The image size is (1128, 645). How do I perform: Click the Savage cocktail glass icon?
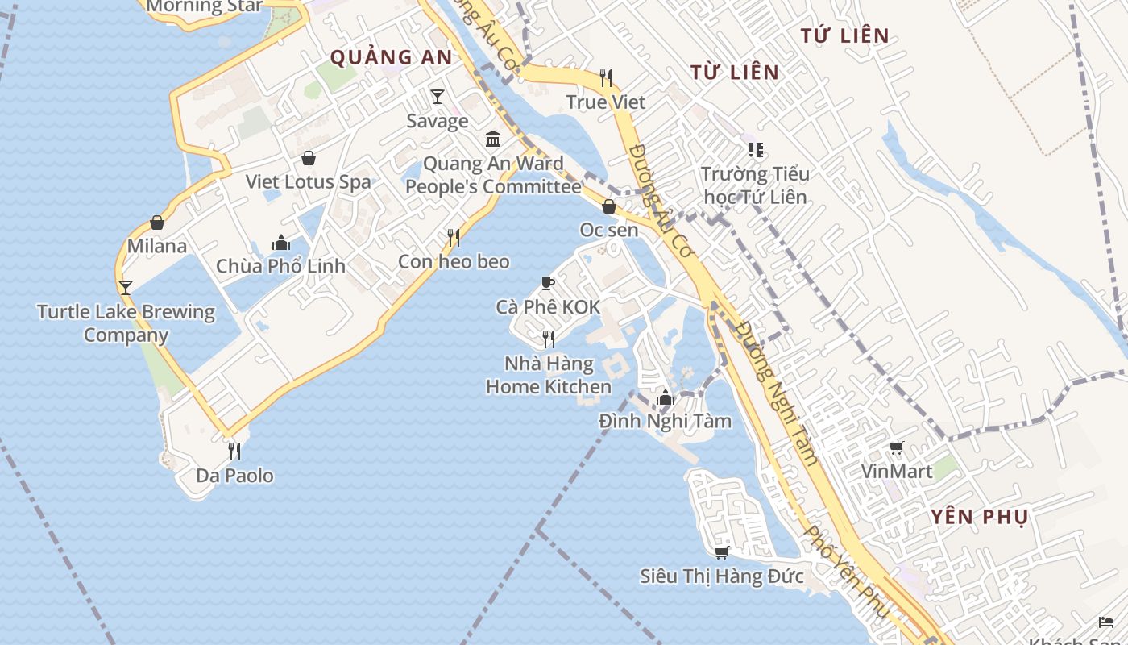point(437,97)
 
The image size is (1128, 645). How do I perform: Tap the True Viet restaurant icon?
point(606,78)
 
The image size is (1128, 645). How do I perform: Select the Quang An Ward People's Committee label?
point(493,176)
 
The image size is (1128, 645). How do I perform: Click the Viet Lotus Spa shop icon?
point(308,158)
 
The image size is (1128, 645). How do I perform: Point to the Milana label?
point(157,246)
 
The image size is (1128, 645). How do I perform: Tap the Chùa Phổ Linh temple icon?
point(280,242)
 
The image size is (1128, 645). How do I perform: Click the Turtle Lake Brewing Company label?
point(126,323)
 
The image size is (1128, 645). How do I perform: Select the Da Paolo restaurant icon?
point(234,451)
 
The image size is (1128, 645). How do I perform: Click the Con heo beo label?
point(454,262)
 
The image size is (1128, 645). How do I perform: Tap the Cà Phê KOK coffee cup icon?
point(548,283)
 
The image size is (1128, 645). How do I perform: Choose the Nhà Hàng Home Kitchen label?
point(549,375)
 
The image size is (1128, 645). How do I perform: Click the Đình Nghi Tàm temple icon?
point(665,397)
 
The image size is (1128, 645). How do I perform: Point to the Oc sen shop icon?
point(609,206)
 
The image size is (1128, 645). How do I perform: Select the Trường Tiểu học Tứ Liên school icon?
point(755,150)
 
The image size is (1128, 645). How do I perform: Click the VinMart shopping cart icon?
point(896,447)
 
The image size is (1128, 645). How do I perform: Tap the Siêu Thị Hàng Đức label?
point(722,576)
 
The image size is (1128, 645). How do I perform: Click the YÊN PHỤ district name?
point(979,518)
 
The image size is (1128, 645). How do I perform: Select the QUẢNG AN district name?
point(392,57)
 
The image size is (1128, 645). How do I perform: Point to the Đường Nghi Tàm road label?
point(778,394)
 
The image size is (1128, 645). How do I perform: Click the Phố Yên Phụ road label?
point(847,572)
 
